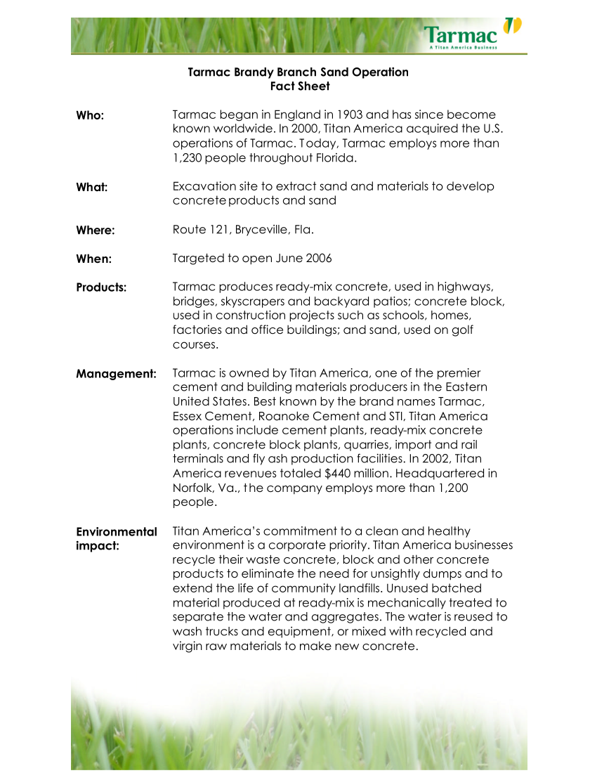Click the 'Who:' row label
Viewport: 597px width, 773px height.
pos(90,115)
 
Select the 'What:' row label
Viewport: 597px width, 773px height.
pos(91,188)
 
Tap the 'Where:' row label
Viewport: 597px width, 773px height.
pos(96,230)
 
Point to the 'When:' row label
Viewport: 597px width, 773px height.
pos(94,259)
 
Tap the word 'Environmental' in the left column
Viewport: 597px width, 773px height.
pos(117,532)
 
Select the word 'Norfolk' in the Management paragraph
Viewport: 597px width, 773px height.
pos(193,488)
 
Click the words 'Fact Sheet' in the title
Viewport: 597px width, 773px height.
pos(300,86)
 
